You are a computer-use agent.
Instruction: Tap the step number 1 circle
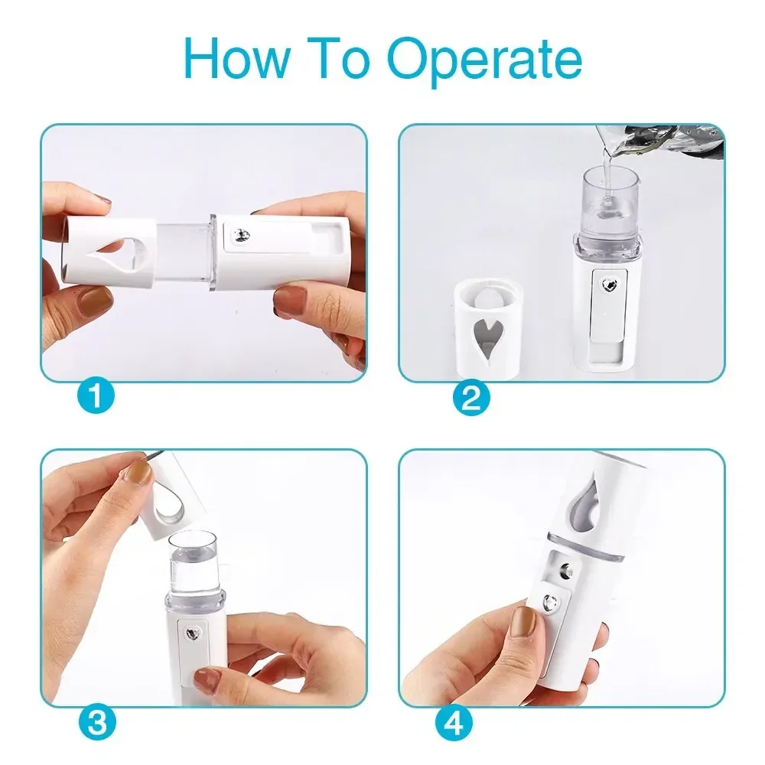pos(97,397)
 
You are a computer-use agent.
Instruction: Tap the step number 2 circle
pos(470,397)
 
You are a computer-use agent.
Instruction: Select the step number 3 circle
pos(97,721)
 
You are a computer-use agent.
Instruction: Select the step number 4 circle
pos(454,721)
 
